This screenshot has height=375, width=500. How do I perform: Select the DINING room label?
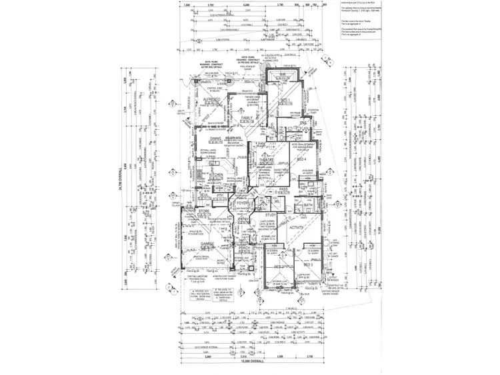coord(215,139)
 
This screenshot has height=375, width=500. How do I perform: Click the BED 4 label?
coord(302,161)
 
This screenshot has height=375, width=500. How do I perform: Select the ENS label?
coord(302,123)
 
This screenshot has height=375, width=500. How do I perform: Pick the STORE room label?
coord(204,211)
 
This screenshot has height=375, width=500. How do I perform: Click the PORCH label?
coord(244,248)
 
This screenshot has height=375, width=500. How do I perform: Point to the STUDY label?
coord(271,215)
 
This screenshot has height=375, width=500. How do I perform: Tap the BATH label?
coord(317,205)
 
